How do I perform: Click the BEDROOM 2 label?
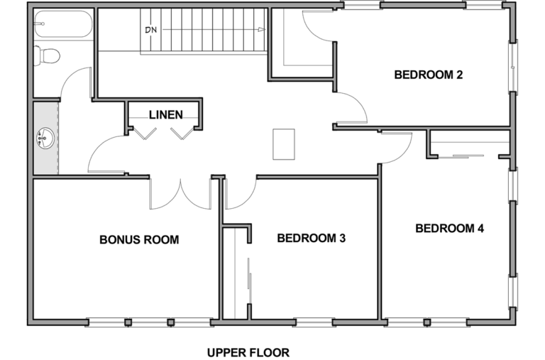click(x=428, y=75)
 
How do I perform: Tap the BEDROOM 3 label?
click(x=311, y=239)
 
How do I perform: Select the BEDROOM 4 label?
click(x=449, y=229)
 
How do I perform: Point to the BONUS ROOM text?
click(x=139, y=240)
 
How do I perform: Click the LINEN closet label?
click(x=166, y=115)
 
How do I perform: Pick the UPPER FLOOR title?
click(x=248, y=353)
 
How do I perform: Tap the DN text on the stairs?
click(x=151, y=31)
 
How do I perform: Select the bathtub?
click(x=63, y=24)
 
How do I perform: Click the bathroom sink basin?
click(x=45, y=138)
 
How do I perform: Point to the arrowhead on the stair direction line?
click(x=261, y=30)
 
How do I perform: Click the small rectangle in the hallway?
click(x=284, y=144)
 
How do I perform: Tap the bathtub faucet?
click(x=39, y=24)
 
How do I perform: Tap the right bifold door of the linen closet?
click(x=182, y=133)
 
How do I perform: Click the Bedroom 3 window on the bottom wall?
click(x=313, y=322)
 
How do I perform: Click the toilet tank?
click(x=37, y=55)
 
